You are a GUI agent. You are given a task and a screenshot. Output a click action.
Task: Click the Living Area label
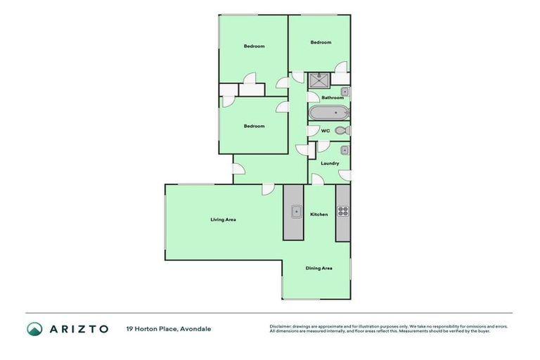pyautogui.click(x=223, y=219)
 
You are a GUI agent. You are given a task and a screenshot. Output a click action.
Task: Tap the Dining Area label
pyautogui.click(x=319, y=268)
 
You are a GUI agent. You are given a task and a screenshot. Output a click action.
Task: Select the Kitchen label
pyautogui.click(x=319, y=214)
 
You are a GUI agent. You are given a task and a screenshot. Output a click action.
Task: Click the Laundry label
pyautogui.click(x=330, y=163)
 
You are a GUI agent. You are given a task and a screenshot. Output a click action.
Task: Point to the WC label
pyautogui.click(x=325, y=131)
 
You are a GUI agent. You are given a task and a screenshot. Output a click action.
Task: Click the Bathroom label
pyautogui.click(x=332, y=98)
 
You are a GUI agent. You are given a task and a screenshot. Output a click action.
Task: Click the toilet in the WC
pyautogui.click(x=341, y=131)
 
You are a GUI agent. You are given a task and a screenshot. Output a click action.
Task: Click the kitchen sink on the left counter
pyautogui.click(x=296, y=210)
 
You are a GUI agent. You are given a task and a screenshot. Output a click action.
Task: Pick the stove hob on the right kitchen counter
pyautogui.click(x=342, y=210)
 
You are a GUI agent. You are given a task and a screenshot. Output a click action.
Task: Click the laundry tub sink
pyautogui.click(x=345, y=150)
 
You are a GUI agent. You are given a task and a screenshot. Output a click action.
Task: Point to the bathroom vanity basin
pyautogui.click(x=345, y=92)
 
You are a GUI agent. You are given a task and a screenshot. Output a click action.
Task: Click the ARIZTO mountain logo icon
pyautogui.click(x=34, y=329)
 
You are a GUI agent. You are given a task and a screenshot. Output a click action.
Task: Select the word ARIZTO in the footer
pyautogui.click(x=78, y=329)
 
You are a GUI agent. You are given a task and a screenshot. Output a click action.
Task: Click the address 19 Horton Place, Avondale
pyautogui.click(x=169, y=329)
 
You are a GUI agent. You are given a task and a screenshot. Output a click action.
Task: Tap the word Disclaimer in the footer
pyautogui.click(x=281, y=326)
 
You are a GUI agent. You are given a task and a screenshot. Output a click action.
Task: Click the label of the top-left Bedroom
pyautogui.click(x=254, y=46)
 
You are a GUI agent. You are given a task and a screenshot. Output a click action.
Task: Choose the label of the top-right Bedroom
pyautogui.click(x=321, y=42)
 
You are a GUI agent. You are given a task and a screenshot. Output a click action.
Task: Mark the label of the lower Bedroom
pyautogui.click(x=254, y=126)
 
